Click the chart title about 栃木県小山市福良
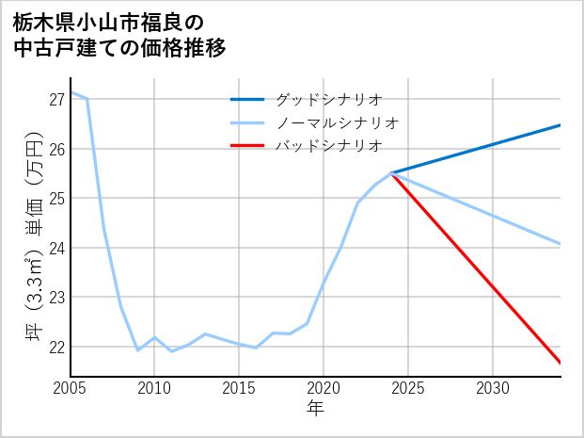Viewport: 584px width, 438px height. (x=119, y=34)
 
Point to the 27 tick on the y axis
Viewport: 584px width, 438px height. (x=55, y=100)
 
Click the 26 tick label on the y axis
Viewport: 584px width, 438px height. (x=55, y=149)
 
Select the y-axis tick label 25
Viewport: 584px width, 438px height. (x=55, y=199)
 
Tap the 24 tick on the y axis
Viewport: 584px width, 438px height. (x=55, y=248)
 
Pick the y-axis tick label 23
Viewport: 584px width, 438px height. (x=55, y=298)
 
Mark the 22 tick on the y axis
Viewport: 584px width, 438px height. (x=55, y=347)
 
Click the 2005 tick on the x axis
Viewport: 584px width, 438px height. (x=71, y=388)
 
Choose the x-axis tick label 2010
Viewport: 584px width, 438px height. (x=154, y=388)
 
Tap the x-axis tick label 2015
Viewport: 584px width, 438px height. (x=239, y=388)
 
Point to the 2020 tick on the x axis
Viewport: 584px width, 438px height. (x=324, y=388)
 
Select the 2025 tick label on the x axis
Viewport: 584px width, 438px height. (x=408, y=388)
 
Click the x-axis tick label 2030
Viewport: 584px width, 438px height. (x=493, y=388)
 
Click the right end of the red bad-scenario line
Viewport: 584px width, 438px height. (x=560, y=363)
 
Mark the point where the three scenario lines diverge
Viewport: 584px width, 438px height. (x=391, y=173)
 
